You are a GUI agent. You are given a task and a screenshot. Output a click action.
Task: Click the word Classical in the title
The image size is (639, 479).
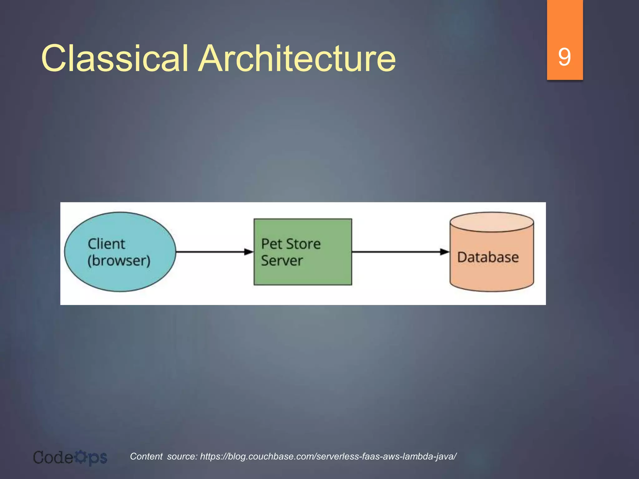[115, 58]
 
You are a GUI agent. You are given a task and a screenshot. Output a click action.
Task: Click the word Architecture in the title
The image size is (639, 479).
[297, 58]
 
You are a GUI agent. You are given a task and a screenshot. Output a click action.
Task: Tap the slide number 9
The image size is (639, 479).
[564, 57]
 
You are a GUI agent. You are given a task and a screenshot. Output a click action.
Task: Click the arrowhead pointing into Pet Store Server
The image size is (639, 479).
[249, 252]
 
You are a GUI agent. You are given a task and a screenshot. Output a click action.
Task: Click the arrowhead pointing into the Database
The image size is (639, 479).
[445, 252]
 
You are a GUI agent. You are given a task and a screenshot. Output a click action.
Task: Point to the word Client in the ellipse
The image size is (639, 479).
[106, 244]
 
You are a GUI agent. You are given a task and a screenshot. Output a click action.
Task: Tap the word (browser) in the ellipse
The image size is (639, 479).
[119, 261]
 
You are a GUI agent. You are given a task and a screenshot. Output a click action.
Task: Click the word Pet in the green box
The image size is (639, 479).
[271, 244]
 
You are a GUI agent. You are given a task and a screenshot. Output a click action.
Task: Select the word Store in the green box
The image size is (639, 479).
[304, 244]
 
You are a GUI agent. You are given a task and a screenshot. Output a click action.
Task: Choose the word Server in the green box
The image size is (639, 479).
[282, 261]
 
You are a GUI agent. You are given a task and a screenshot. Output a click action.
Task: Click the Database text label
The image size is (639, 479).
[488, 258]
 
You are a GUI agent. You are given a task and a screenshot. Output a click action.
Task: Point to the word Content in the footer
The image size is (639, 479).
[146, 457]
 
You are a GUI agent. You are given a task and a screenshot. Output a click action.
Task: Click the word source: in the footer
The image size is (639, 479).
[182, 457]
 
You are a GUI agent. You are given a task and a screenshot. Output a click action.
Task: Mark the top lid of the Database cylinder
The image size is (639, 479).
[492, 222]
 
